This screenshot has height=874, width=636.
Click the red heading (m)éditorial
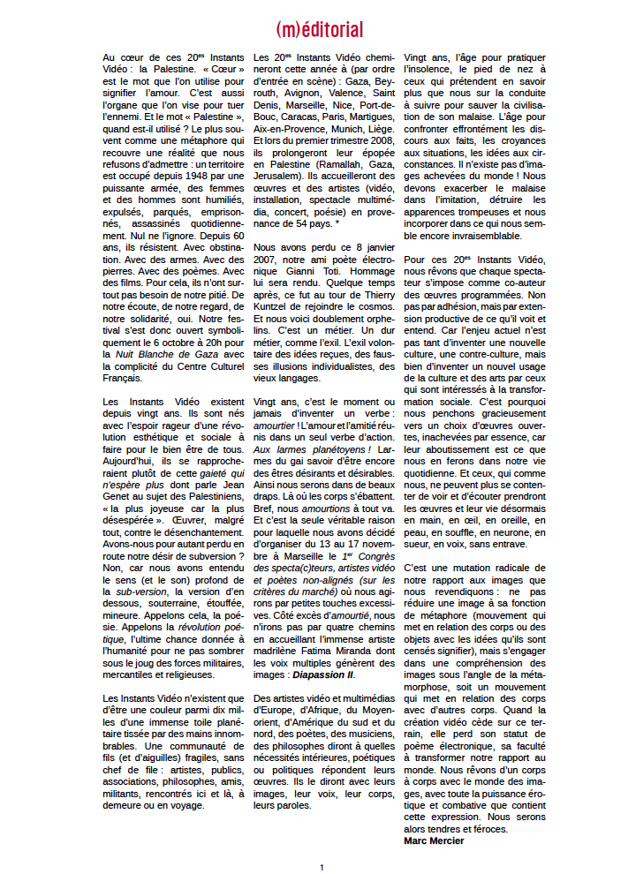pos(319,30)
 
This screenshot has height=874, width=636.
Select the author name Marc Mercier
pos(434,840)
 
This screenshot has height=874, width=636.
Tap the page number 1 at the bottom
pos(322,867)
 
